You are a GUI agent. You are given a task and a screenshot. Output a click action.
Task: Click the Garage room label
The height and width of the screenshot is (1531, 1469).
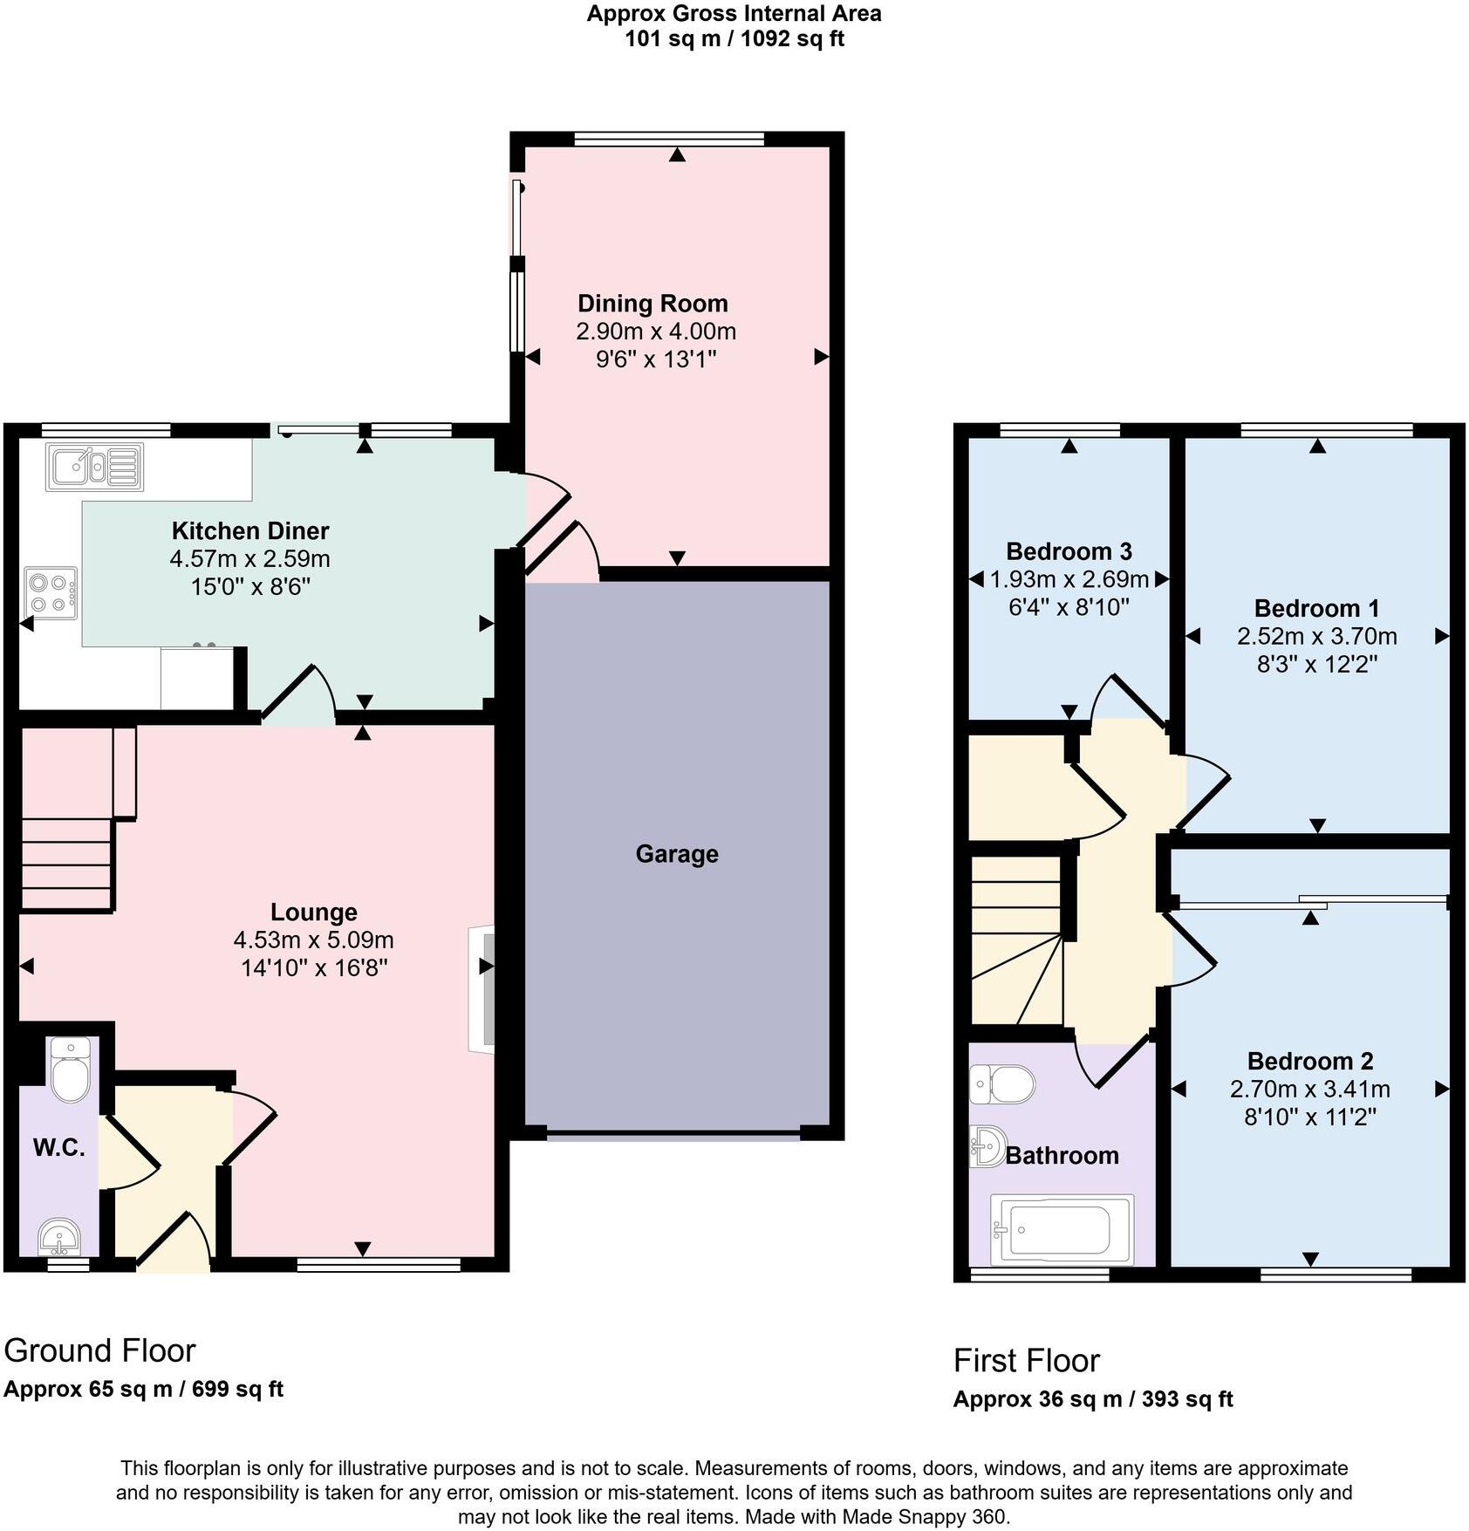coord(676,853)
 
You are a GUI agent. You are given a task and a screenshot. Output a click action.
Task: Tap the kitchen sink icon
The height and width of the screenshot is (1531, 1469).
coord(95,466)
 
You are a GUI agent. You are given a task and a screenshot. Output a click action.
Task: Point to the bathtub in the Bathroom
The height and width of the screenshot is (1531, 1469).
coord(1062,1229)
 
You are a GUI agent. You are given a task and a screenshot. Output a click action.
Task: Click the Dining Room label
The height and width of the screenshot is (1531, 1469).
coord(653,304)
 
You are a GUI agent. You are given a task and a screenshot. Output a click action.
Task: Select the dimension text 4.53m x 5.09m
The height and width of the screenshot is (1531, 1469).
coord(313,940)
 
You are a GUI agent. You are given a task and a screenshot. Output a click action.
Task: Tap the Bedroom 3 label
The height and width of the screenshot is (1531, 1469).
coord(1069,551)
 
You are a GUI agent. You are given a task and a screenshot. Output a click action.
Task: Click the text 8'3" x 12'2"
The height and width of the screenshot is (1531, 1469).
coord(1316,664)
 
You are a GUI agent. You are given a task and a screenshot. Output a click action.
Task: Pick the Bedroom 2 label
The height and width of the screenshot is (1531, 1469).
coord(1309,1061)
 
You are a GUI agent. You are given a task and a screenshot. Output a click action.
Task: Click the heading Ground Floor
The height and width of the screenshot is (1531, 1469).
coord(99,1350)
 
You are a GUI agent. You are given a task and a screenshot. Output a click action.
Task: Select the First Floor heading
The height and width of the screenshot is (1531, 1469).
coord(1026,1360)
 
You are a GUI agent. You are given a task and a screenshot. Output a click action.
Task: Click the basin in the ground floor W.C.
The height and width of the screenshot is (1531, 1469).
coord(59,1237)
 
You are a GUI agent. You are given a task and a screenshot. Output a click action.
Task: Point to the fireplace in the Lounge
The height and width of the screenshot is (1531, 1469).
coord(482,989)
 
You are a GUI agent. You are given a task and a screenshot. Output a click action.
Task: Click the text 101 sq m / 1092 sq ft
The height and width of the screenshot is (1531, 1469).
coord(734,39)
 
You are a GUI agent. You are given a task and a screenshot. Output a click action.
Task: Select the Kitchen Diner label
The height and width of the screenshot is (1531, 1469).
coord(249,530)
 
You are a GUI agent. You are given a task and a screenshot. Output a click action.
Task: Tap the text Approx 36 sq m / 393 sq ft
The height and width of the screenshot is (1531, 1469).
coord(1092,1399)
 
